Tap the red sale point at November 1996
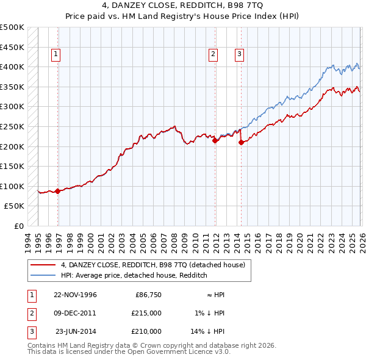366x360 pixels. point(58,191)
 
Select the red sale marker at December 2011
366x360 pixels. point(215,140)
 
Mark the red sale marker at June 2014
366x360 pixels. point(242,142)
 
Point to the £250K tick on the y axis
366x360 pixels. point(12,126)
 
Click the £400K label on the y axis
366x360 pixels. point(12,67)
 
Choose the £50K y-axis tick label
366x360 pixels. point(15,206)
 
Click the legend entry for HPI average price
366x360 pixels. point(134,275)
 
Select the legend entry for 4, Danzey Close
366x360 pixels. point(152,265)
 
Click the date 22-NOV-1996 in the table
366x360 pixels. point(75,295)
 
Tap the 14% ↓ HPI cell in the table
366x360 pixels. point(208,331)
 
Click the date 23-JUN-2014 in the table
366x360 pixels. point(75,331)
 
